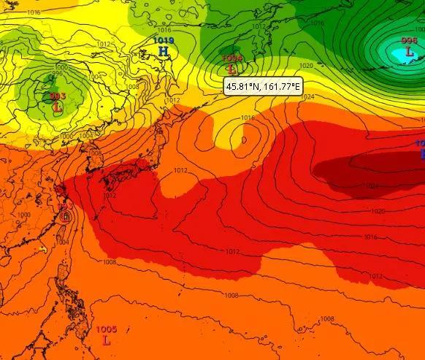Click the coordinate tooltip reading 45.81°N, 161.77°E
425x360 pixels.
[x=263, y=86]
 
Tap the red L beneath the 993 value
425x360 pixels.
[x=57, y=108]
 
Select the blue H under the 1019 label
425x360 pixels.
[x=163, y=52]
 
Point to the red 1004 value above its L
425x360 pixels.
[x=231, y=58]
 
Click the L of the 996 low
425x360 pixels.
[x=409, y=53]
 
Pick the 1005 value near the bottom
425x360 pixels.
[x=107, y=329]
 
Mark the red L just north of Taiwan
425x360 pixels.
[x=65, y=215]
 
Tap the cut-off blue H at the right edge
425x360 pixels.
[x=422, y=154]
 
